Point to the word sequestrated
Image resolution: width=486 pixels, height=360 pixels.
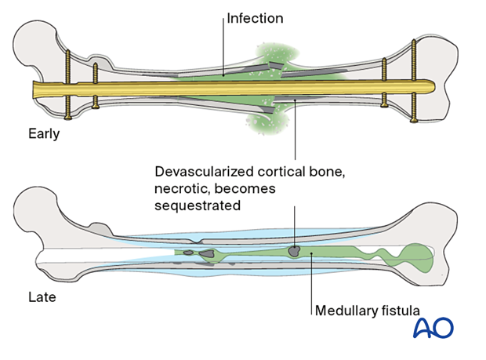(198, 205)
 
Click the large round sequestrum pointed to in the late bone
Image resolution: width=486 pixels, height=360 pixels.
(294, 251)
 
